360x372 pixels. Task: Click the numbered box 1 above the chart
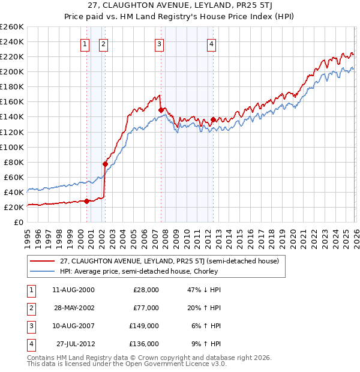coord(85,43)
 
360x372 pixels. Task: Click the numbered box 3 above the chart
coord(160,43)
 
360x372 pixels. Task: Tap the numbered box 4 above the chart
coord(212,43)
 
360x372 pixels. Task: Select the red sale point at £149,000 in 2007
coord(161,110)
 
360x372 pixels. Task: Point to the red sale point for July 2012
coord(213,119)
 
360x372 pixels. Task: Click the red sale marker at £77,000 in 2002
coord(105,164)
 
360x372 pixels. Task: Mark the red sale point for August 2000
coord(86,201)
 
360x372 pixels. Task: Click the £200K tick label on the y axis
coord(12,71)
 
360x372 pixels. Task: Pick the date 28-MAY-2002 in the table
coord(73,307)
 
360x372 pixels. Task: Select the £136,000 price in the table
coord(145,344)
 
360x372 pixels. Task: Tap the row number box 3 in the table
coord(30,326)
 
